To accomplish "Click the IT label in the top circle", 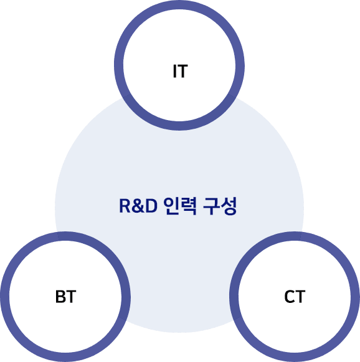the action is (x=181, y=71).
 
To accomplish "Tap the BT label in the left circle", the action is (x=65, y=297).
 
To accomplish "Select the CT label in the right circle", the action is (x=295, y=297).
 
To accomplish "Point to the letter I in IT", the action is (x=175, y=71).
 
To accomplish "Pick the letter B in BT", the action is (x=60, y=297).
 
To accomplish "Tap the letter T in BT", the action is (x=71, y=297).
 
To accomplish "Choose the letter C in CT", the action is (x=289, y=297).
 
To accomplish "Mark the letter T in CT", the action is (x=300, y=297).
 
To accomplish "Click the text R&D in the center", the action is (x=138, y=206).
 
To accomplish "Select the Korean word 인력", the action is (x=180, y=206).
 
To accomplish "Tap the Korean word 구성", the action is (x=220, y=206).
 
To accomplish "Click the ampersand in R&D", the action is (x=138, y=206).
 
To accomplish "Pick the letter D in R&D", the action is (x=152, y=206).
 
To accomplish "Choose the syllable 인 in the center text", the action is (x=171, y=206).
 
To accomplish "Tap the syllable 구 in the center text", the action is (x=211, y=206).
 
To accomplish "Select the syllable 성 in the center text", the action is (x=229, y=206).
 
